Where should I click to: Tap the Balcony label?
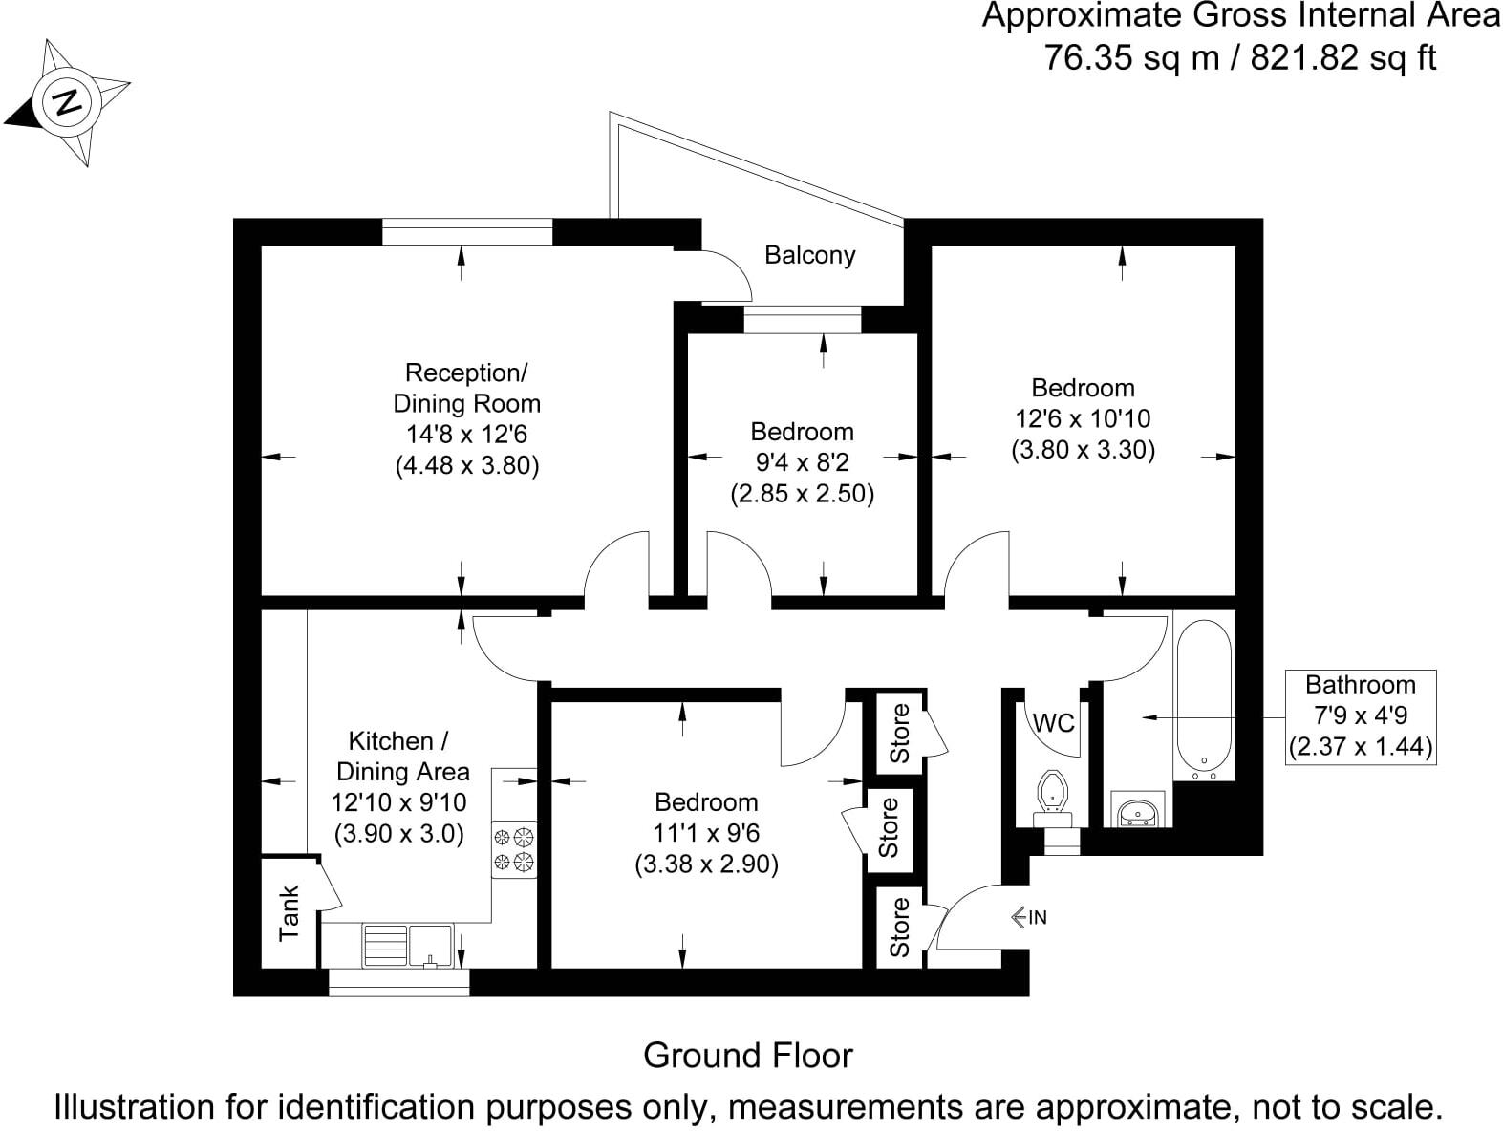pyautogui.click(x=809, y=255)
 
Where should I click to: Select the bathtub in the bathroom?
pyautogui.click(x=1205, y=695)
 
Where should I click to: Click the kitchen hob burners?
pyautogui.click(x=514, y=850)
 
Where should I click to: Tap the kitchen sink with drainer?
pyautogui.click(x=408, y=945)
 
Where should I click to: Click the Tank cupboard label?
pyautogui.click(x=290, y=912)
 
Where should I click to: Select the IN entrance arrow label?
pyautogui.click(x=1029, y=917)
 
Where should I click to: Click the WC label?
pyautogui.click(x=1054, y=723)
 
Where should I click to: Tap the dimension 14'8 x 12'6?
pyautogui.click(x=466, y=435)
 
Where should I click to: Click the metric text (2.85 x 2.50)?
pyautogui.click(x=802, y=495)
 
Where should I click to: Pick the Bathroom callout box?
pyautogui.click(x=1360, y=715)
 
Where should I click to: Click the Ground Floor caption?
pyautogui.click(x=747, y=1056)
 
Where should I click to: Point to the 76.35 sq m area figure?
pyautogui.click(x=1131, y=58)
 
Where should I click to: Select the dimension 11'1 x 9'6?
pyautogui.click(x=706, y=833)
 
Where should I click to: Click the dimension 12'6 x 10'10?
pyautogui.click(x=1083, y=418)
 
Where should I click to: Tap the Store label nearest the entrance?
pyautogui.click(x=899, y=927)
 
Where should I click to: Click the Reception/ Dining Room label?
pyautogui.click(x=466, y=388)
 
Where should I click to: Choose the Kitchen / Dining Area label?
pyautogui.click(x=400, y=756)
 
